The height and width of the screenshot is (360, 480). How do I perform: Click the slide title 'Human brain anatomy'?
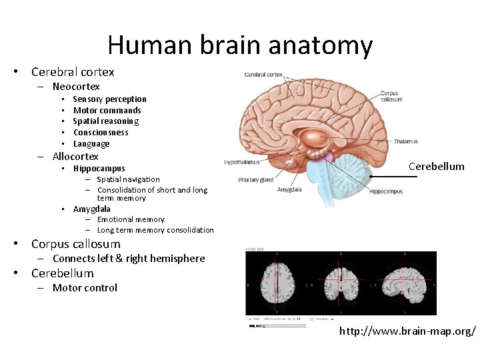pyautogui.click(x=239, y=45)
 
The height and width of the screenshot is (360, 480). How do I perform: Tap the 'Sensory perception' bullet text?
pyautogui.click(x=109, y=99)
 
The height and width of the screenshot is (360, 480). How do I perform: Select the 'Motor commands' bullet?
pyautogui.click(x=107, y=111)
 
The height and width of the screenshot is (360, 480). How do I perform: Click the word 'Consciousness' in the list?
pyautogui.click(x=100, y=133)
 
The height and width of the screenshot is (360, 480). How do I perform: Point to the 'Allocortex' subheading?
pyautogui.click(x=75, y=157)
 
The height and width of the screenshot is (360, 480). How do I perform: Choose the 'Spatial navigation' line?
pyautogui.click(x=128, y=179)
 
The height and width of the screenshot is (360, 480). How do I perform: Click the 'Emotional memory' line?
pyautogui.click(x=131, y=219)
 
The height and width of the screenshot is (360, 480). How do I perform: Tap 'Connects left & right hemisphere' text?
pyautogui.click(x=129, y=259)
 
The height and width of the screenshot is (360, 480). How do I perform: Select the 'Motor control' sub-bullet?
pyautogui.click(x=85, y=288)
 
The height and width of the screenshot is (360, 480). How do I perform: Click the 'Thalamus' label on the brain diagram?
pyautogui.click(x=406, y=141)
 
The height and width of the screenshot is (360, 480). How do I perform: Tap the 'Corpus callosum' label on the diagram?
pyautogui.click(x=391, y=96)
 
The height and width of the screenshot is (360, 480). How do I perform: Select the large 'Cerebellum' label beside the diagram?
pyautogui.click(x=436, y=167)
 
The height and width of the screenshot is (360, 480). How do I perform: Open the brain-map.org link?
pyautogui.click(x=407, y=331)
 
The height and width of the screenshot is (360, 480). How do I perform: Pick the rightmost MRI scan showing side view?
pyautogui.click(x=406, y=283)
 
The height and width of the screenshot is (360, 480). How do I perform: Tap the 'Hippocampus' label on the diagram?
pyautogui.click(x=385, y=192)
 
